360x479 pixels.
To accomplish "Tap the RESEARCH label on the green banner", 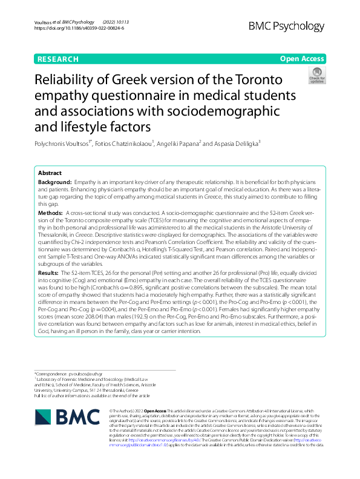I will point(57,59).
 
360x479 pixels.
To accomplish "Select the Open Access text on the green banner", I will point(301,59).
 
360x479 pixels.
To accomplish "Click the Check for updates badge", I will point(316,76).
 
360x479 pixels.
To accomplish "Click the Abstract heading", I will point(50,173).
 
